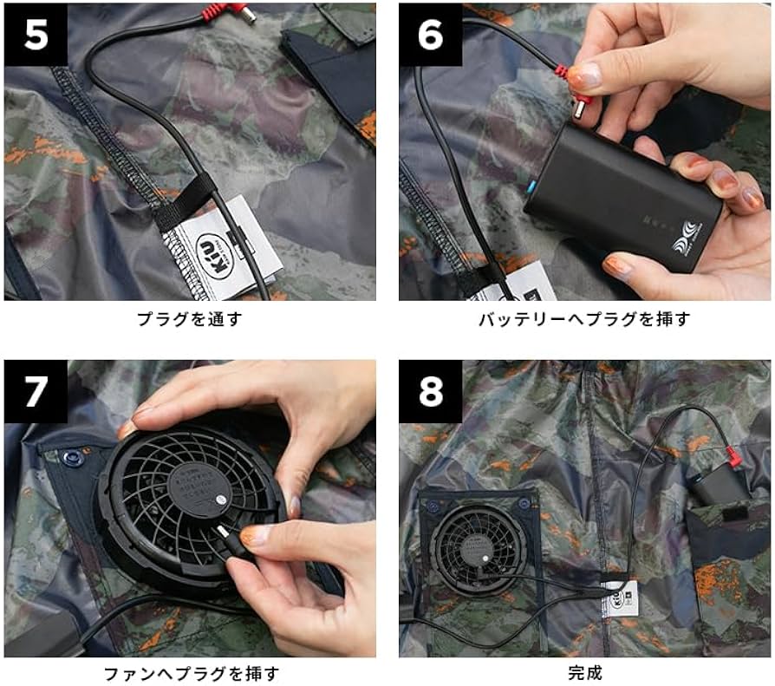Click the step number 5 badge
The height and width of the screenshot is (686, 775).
tap(36, 34)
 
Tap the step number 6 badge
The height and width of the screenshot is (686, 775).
tap(431, 34)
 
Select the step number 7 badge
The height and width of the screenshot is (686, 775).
tap(36, 391)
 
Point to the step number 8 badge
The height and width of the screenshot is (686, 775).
tap(431, 391)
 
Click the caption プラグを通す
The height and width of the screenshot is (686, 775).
tap(189, 320)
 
